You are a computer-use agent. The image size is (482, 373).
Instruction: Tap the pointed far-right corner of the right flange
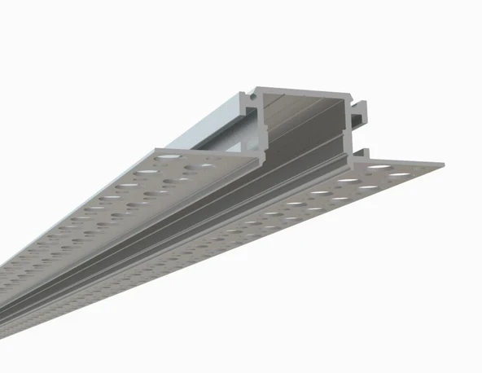[x=446, y=168]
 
